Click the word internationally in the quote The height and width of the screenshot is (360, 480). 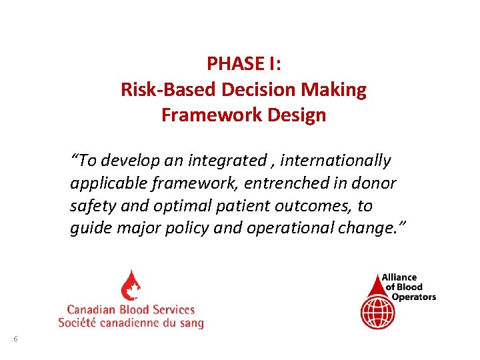click(339, 161)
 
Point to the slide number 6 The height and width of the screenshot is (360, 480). click(15, 339)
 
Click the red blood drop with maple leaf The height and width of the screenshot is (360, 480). click(131, 285)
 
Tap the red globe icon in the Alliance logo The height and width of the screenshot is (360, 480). click(377, 311)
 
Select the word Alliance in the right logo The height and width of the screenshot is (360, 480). click(399, 278)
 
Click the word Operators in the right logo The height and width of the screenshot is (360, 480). click(413, 297)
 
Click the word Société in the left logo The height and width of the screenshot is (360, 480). click(78, 323)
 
